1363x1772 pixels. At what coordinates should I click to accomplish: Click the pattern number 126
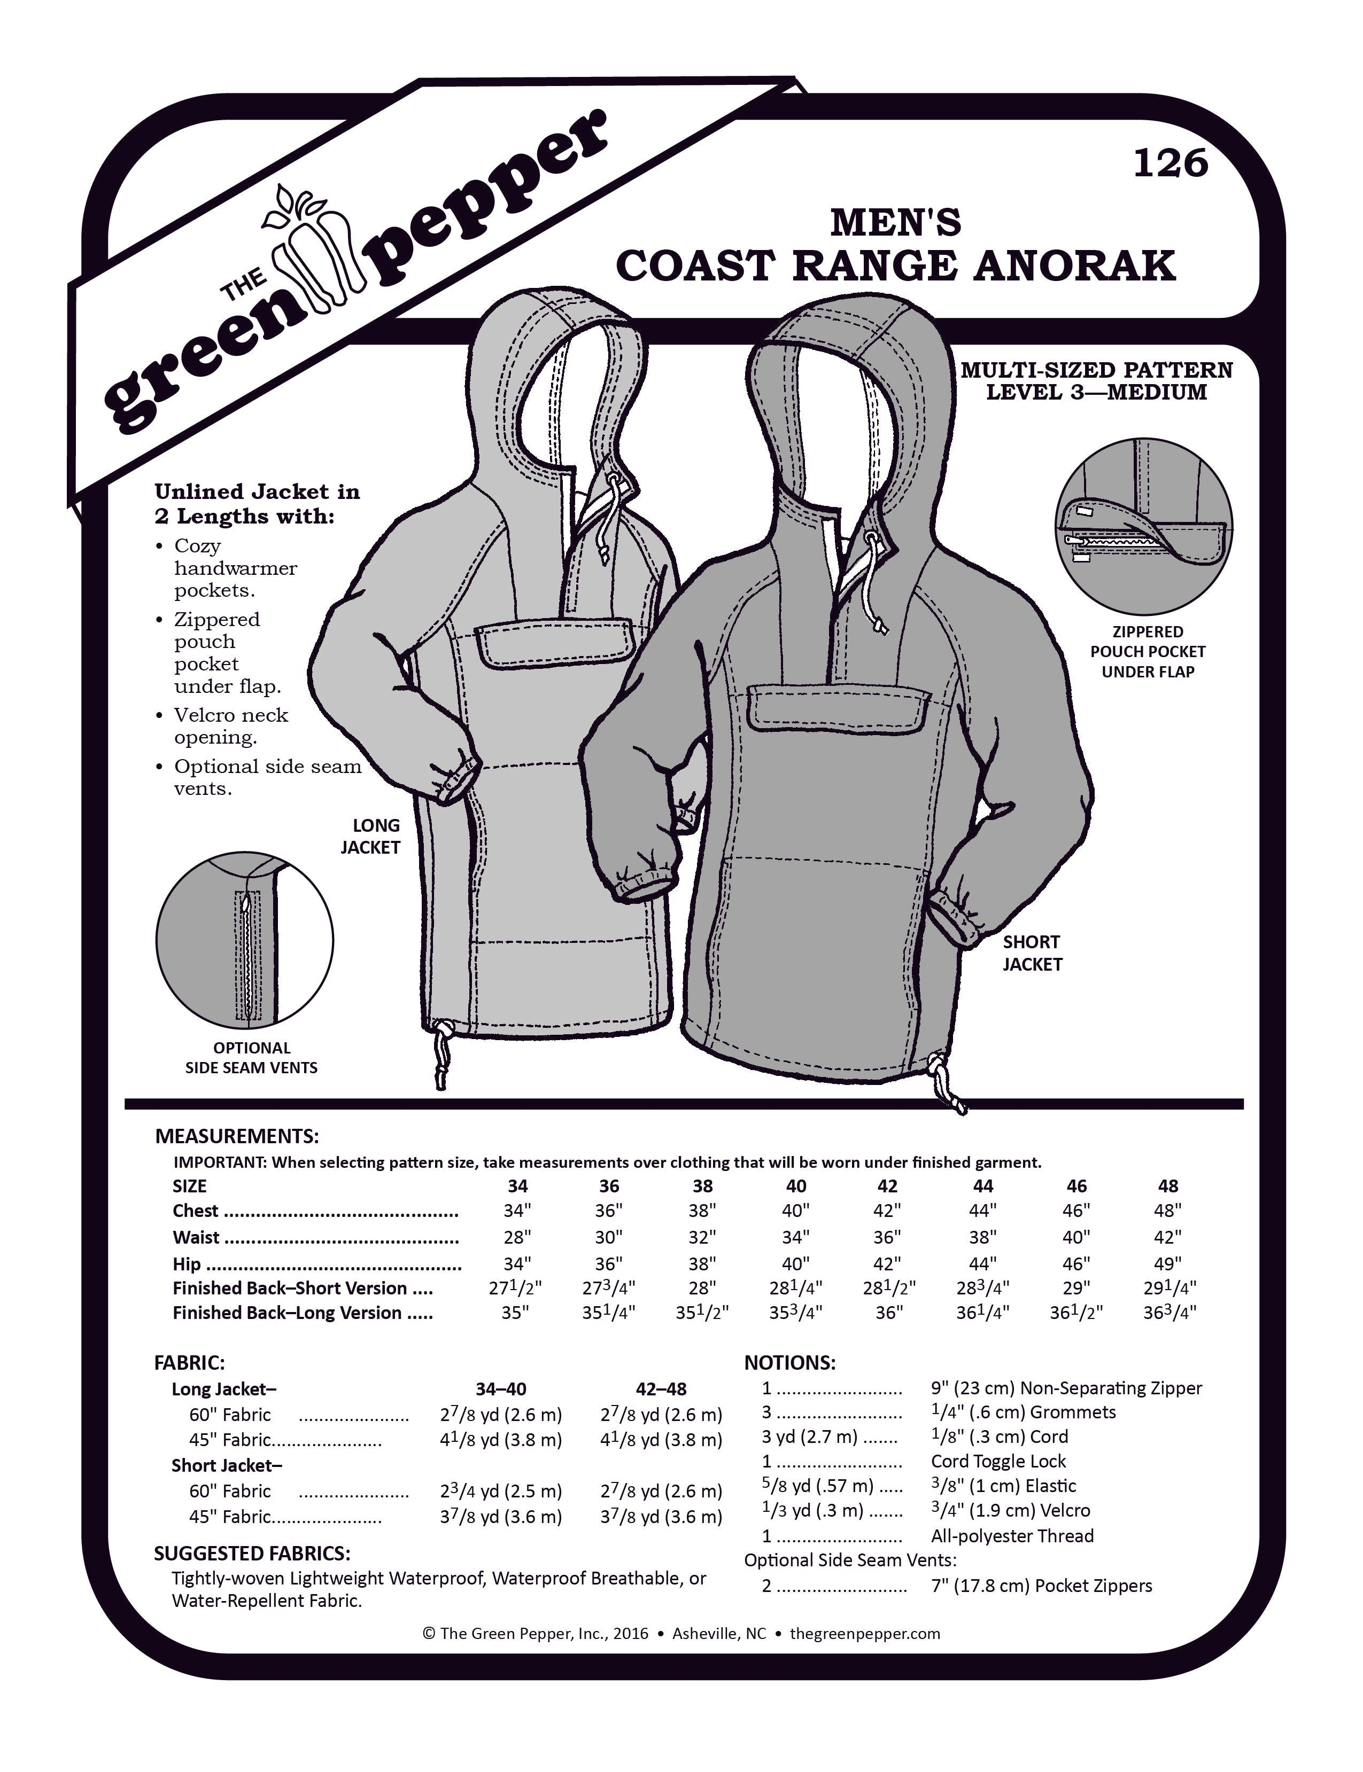click(1170, 164)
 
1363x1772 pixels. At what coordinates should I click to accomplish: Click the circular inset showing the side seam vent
click(245, 941)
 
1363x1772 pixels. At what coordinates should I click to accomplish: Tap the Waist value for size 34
click(517, 1238)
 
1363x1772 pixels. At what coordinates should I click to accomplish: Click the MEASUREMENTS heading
click(237, 1135)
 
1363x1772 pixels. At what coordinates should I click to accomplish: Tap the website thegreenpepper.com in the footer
click(865, 1633)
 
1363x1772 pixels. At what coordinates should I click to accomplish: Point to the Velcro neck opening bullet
click(231, 726)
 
